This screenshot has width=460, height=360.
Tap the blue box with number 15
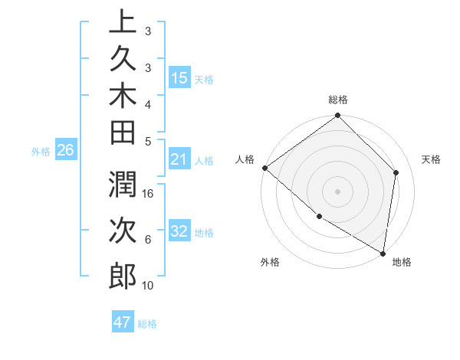[x=179, y=78]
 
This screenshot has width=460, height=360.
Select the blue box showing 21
[x=179, y=160]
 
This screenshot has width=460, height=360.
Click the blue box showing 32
[x=179, y=231]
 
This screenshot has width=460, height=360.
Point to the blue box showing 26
[x=66, y=150]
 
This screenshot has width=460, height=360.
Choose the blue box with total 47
[x=123, y=322]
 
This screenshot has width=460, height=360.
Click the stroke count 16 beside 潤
[x=149, y=193]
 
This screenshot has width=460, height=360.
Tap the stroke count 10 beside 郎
[x=148, y=286]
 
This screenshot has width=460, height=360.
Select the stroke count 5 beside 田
[x=148, y=141]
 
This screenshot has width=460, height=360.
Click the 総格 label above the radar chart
[x=338, y=100]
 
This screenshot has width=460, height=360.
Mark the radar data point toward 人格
[x=264, y=168]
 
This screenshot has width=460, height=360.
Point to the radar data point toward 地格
[x=383, y=252]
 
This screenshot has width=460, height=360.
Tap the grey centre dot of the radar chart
[x=338, y=191]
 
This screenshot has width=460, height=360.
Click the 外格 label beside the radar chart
[x=270, y=263]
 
